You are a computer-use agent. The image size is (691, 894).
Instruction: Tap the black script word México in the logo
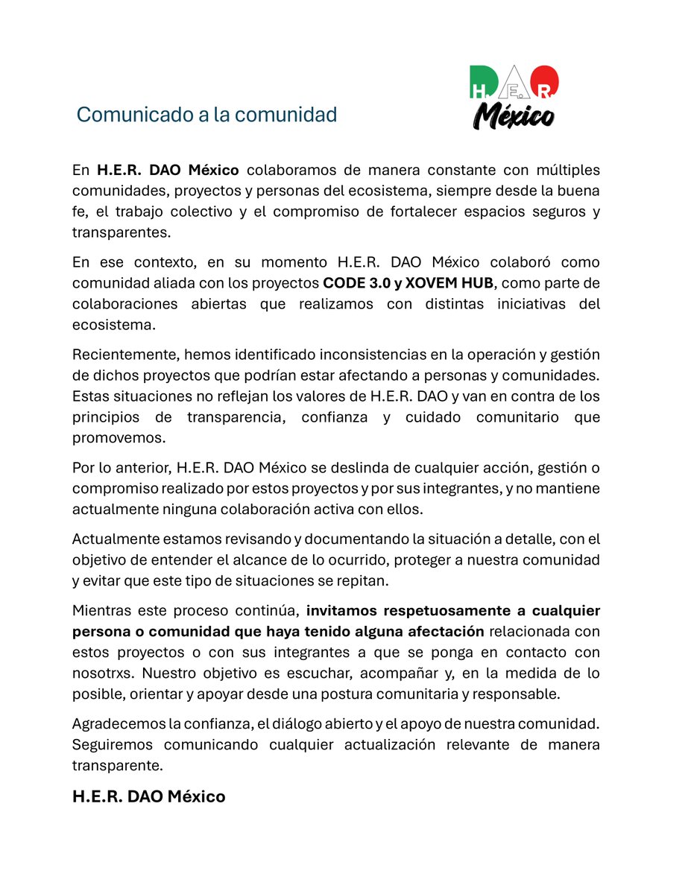[x=514, y=115]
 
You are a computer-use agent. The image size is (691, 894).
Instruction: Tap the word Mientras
[x=101, y=612]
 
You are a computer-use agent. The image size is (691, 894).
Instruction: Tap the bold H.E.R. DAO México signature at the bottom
[x=148, y=796]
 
